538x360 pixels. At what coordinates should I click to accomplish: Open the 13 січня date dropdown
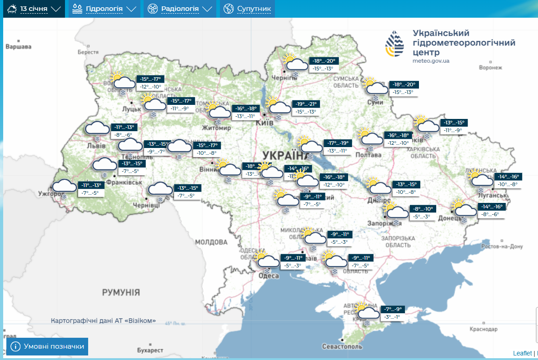click(34, 9)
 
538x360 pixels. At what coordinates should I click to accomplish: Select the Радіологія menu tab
click(179, 9)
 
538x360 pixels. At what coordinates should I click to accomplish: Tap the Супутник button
click(248, 9)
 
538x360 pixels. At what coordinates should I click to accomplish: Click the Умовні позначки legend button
click(48, 346)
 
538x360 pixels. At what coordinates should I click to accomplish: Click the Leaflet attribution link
click(522, 353)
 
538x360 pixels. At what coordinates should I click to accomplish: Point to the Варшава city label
click(18, 47)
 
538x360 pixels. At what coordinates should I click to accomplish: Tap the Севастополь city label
click(342, 346)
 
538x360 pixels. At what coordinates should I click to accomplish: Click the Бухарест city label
click(150, 350)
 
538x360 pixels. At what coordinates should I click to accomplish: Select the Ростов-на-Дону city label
click(502, 247)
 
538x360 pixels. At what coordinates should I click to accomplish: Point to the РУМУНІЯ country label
click(121, 292)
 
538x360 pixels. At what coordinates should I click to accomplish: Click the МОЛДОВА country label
click(211, 242)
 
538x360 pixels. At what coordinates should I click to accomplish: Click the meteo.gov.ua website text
click(431, 61)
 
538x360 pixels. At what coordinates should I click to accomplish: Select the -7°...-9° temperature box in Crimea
click(393, 309)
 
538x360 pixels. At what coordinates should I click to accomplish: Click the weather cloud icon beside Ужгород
click(64, 186)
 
